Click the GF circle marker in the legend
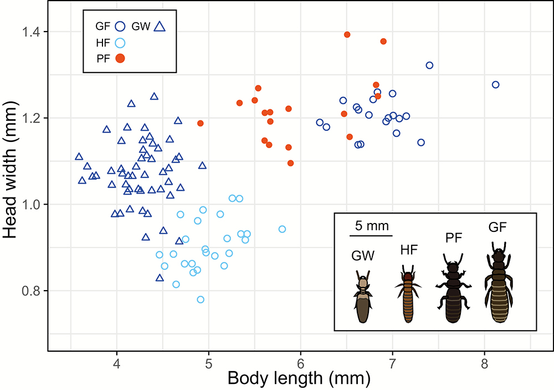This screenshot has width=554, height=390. pos(120,26)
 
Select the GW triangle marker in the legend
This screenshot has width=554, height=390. pos(160,26)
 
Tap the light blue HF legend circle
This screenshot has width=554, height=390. pos(120,42)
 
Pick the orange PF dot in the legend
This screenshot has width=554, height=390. pos(120,58)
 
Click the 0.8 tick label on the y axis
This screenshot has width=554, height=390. pos(32,291)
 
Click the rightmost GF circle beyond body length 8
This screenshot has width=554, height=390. pos(496,85)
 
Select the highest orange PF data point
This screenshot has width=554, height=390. pos(347,34)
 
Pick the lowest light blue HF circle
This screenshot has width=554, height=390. pos(201,300)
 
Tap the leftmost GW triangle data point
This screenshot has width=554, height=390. pos(79,157)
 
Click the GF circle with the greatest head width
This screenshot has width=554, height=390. pos(429,65)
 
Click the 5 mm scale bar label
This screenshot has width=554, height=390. pos(371,227)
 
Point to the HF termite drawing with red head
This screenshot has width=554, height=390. pos(408,297)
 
